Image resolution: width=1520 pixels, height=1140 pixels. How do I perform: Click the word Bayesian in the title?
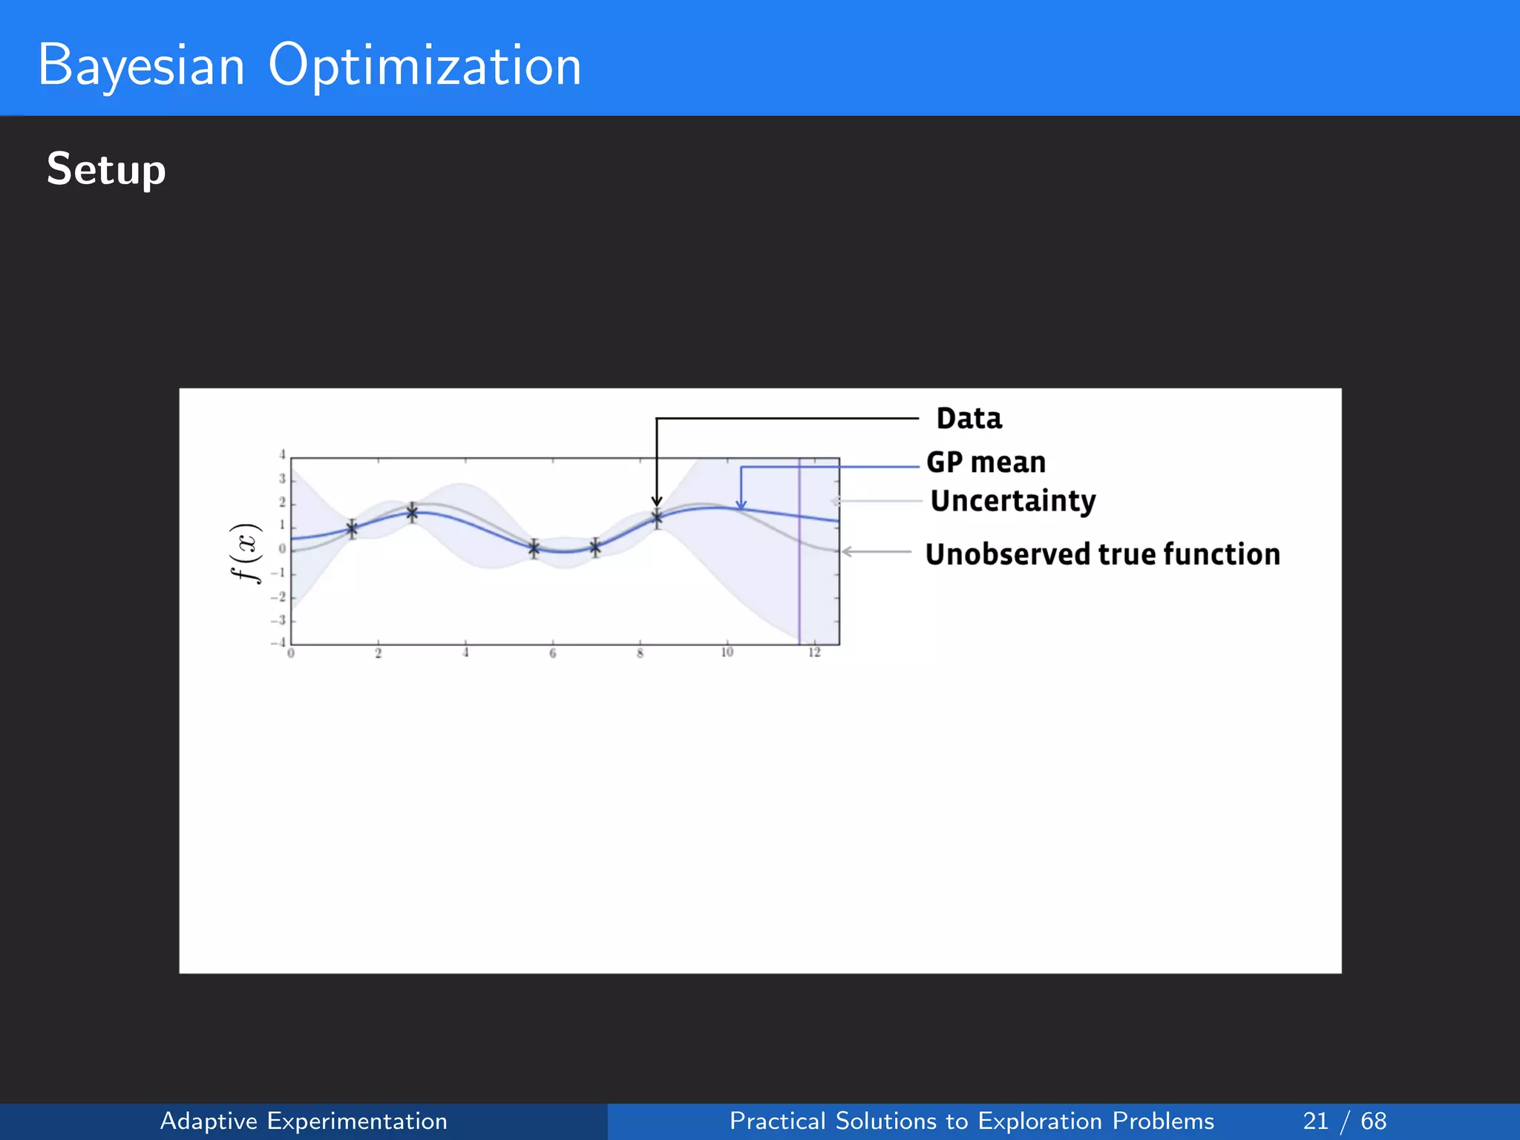click(x=141, y=65)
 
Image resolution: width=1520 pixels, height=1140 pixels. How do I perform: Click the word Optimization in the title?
click(x=425, y=65)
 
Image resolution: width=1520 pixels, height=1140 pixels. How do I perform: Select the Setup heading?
click(x=106, y=169)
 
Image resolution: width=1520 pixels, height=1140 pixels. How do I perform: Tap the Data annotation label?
click(x=969, y=419)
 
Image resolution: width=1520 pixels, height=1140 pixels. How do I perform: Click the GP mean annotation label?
click(x=986, y=462)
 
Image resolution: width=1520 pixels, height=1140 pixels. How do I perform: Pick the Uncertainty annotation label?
click(x=1012, y=501)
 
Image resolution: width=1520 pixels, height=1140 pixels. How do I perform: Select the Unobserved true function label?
click(x=1102, y=554)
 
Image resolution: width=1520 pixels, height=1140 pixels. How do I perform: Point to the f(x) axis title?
click(x=245, y=553)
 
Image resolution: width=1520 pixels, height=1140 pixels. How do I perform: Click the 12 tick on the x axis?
click(x=814, y=652)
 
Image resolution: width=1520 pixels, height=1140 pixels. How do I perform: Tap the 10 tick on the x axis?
click(x=727, y=652)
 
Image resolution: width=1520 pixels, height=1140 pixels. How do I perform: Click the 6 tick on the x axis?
click(x=552, y=653)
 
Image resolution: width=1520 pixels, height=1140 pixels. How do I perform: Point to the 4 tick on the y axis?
click(x=282, y=455)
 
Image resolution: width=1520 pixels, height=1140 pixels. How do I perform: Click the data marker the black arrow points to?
click(x=657, y=519)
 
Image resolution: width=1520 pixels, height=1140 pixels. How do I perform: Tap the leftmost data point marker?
click(x=352, y=528)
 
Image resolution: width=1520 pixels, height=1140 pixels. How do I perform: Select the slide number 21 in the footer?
click(x=1315, y=1121)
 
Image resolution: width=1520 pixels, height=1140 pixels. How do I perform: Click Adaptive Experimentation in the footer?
click(x=304, y=1121)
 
